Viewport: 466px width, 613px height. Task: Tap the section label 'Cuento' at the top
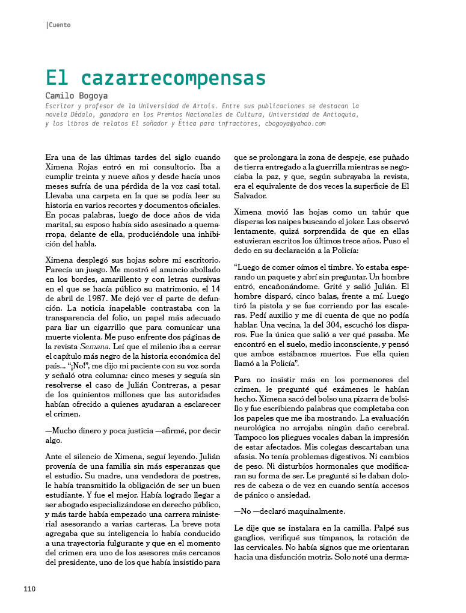[x=59, y=25]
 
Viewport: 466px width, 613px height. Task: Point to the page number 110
[x=30, y=588]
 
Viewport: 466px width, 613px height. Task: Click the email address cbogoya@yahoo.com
[x=295, y=123]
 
